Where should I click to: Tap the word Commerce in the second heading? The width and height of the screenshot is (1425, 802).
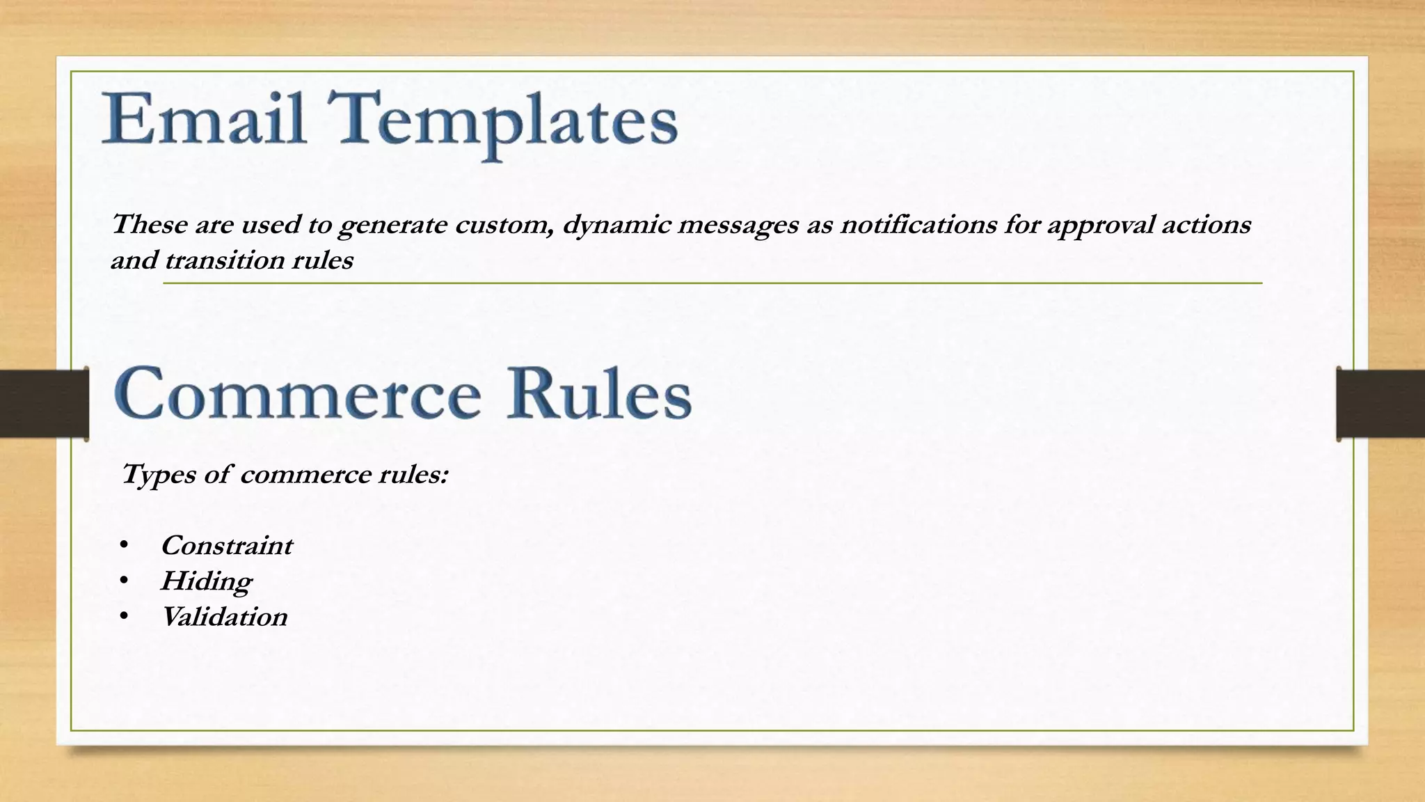pos(298,393)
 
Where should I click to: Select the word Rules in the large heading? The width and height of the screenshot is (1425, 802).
pos(599,393)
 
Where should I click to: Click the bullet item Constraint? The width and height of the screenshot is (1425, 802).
pos(226,546)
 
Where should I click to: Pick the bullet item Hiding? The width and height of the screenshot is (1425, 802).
pos(206,581)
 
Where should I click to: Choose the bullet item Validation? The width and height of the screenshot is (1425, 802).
pos(224,617)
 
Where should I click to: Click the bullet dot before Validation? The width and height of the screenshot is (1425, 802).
pos(123,616)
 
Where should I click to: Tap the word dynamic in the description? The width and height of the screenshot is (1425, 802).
pos(616,225)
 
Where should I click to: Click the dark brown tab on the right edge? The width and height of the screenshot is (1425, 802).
pos(1380,404)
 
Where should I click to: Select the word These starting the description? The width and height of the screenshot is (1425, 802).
pos(150,224)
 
